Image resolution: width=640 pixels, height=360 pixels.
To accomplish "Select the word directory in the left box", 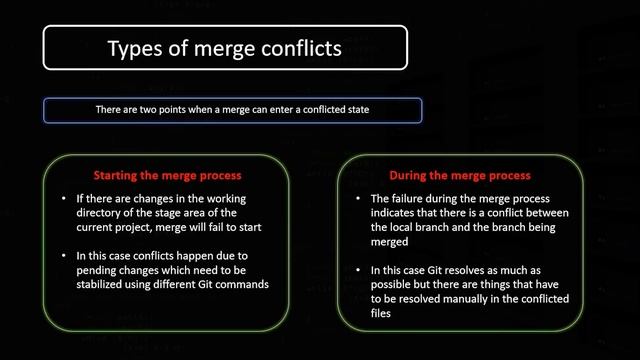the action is click(103, 213).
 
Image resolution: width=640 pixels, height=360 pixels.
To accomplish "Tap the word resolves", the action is click(457, 269).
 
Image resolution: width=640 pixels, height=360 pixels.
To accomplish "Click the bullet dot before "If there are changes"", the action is click(63, 198).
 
